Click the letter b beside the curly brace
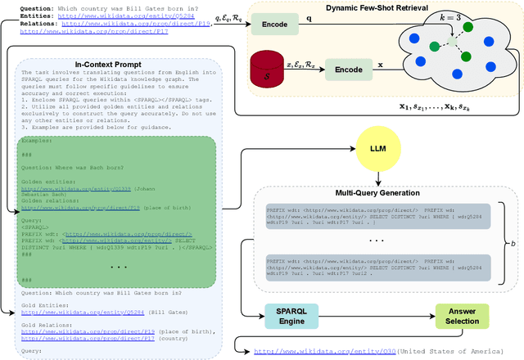512,244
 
